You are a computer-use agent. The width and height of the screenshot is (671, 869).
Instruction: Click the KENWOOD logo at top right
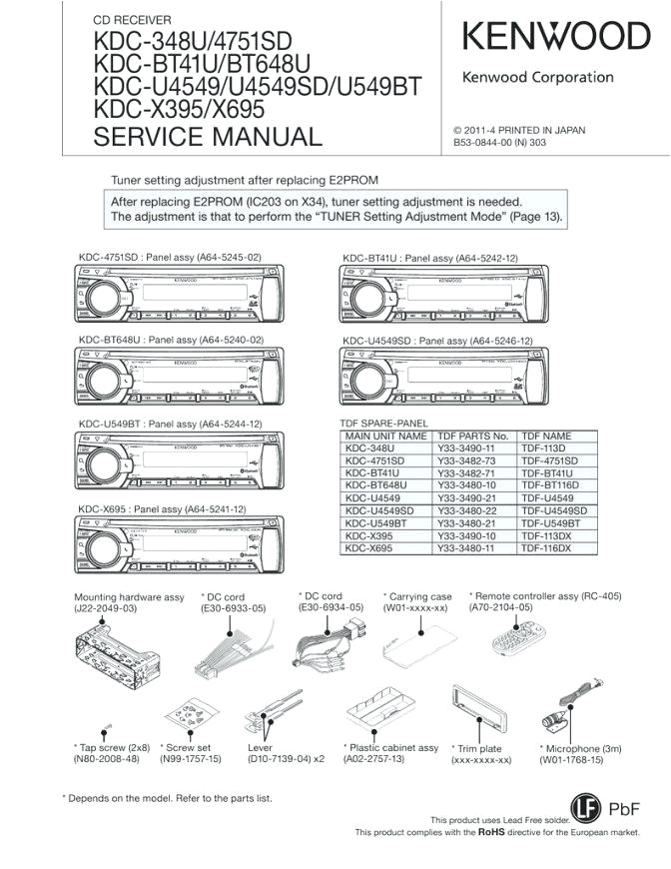pyautogui.click(x=556, y=37)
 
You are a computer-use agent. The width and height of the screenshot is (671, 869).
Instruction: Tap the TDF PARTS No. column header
pyautogui.click(x=473, y=436)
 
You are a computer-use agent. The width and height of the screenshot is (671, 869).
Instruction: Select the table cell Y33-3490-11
pyautogui.click(x=466, y=448)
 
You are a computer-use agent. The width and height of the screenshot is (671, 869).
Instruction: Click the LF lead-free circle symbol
pyautogui.click(x=586, y=807)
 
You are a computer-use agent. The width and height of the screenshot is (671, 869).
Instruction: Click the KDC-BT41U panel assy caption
pyautogui.click(x=430, y=258)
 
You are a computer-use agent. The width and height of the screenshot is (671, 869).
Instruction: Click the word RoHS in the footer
pyautogui.click(x=490, y=831)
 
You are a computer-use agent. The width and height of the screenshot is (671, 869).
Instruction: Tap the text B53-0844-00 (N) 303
pyautogui.click(x=499, y=143)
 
